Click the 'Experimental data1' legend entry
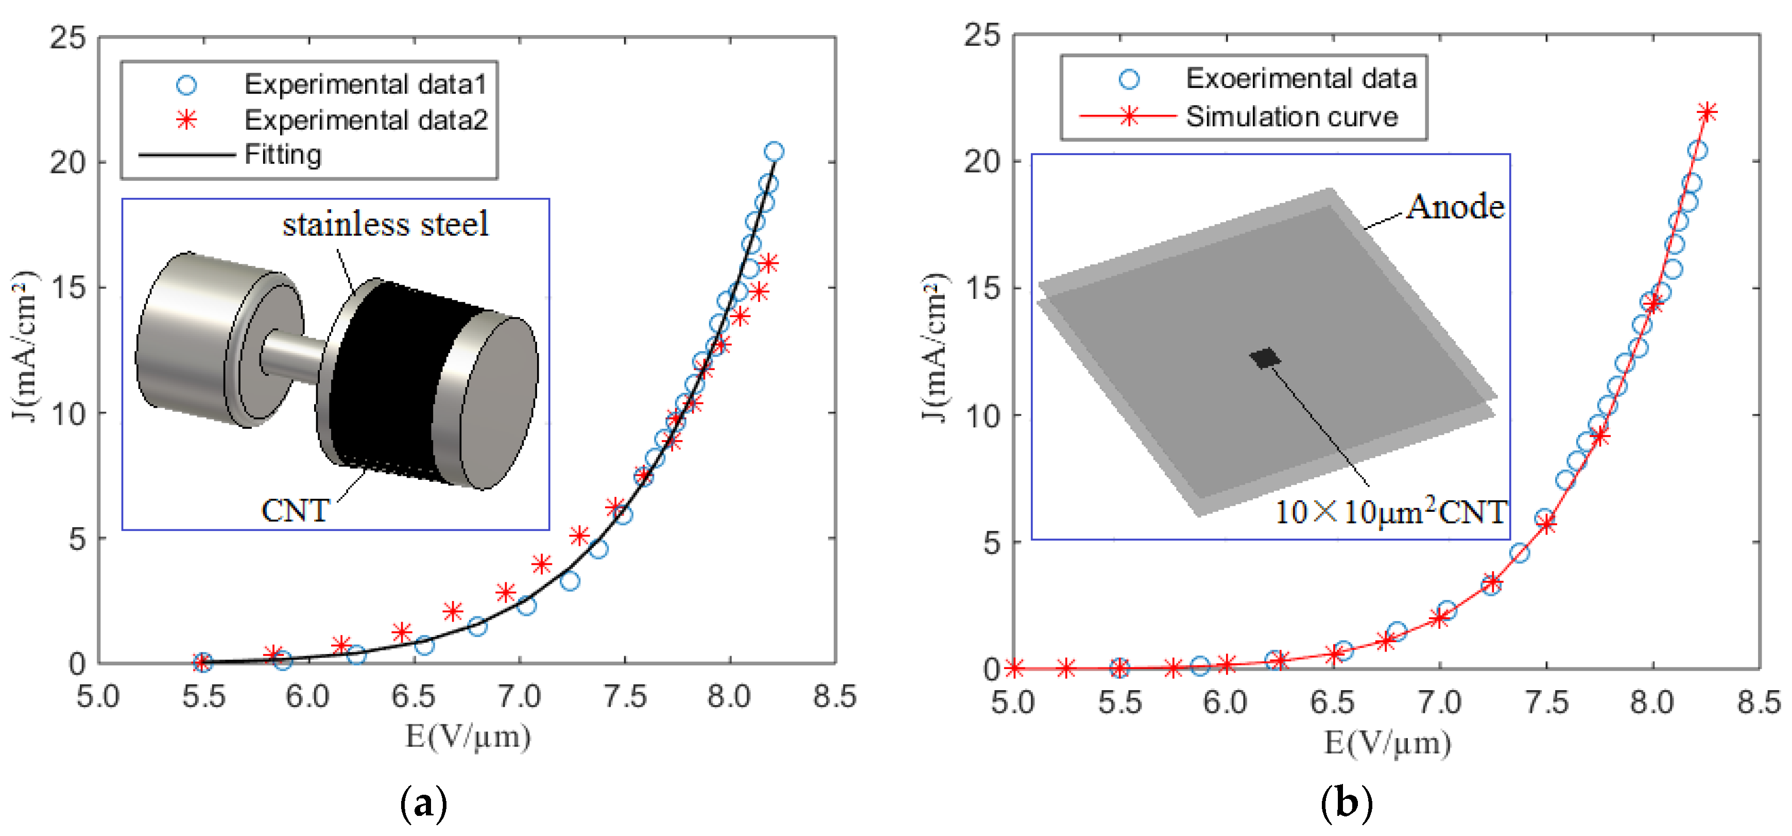(x=365, y=84)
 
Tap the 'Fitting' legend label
(x=283, y=154)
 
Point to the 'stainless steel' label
(x=385, y=224)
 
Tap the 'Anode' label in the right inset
(x=1455, y=207)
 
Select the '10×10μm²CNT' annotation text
(x=1390, y=512)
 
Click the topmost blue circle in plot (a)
(x=773, y=151)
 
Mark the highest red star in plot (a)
(x=768, y=263)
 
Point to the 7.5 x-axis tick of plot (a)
(x=625, y=696)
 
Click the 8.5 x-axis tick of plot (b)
(x=1759, y=701)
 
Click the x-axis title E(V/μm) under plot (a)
(x=468, y=736)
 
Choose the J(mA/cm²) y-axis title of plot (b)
(x=934, y=347)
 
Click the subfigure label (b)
(x=1346, y=802)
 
